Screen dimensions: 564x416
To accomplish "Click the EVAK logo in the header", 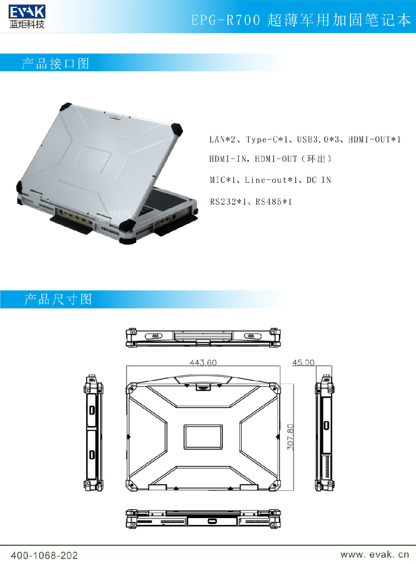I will (x=27, y=17).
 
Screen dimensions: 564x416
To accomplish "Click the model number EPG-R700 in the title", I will (x=225, y=20).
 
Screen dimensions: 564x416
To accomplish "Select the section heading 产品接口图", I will (x=56, y=64).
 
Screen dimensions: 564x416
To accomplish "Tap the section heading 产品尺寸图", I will (x=58, y=299).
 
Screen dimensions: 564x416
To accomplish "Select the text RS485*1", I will (x=274, y=202).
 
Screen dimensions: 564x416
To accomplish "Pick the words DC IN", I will (x=319, y=180).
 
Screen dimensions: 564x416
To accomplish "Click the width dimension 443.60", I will (x=203, y=362).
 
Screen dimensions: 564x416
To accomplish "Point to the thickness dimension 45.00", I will (x=303, y=362).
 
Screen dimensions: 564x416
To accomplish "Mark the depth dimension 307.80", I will (x=290, y=437).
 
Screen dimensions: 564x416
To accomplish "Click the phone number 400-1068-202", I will (x=44, y=555).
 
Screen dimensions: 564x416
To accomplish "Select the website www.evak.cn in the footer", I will (x=375, y=554).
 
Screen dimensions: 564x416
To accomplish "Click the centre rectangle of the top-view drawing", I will (x=203, y=437).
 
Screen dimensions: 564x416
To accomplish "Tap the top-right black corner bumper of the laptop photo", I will (x=177, y=130).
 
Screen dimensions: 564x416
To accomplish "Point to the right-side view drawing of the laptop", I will (x=325, y=432).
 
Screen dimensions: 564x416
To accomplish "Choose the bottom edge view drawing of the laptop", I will (x=203, y=519).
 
